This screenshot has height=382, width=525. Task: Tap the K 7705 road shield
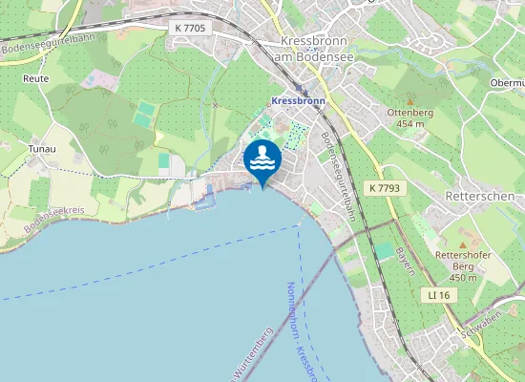pyautogui.click(x=190, y=29)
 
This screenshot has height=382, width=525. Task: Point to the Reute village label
pyautogui.click(x=35, y=78)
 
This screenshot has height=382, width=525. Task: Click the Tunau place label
pyautogui.click(x=42, y=149)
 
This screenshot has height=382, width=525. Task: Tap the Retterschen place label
pyautogui.click(x=480, y=196)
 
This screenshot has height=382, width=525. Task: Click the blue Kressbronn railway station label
pyautogui.click(x=299, y=100)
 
